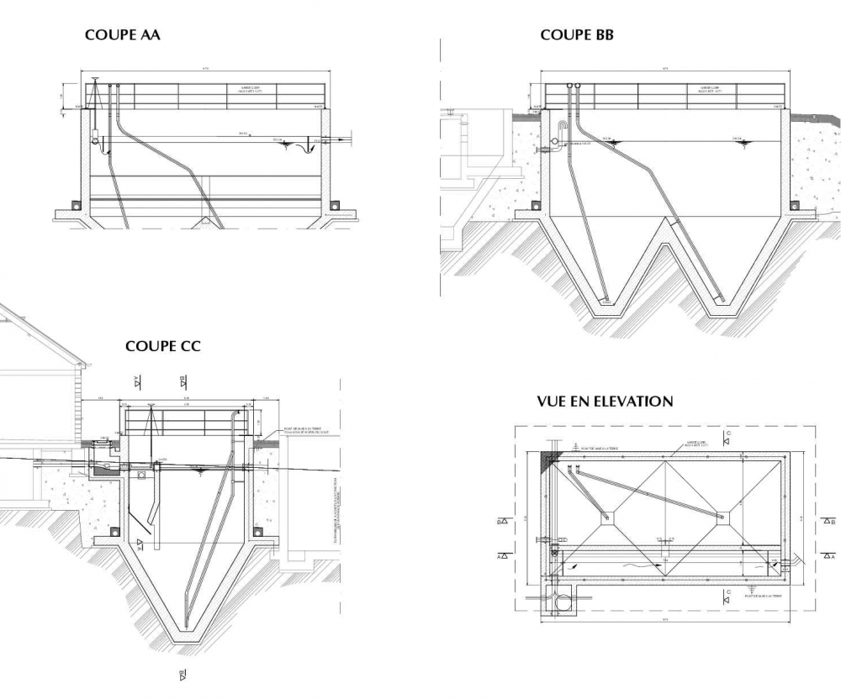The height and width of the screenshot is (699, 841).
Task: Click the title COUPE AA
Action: pos(123,35)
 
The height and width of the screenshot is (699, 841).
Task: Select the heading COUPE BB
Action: pos(577,35)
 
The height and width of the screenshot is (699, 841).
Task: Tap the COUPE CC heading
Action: pos(163,345)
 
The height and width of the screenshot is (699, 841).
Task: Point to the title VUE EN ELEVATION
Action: pos(605,402)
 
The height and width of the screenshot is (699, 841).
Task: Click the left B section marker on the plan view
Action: pos(501,522)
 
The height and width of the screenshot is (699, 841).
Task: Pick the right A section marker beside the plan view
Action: pos(828,555)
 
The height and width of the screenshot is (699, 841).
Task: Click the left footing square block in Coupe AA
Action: pos(76,205)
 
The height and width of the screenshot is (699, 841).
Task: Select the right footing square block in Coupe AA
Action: pos(334,205)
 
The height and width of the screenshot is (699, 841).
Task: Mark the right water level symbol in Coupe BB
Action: pos(742,144)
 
